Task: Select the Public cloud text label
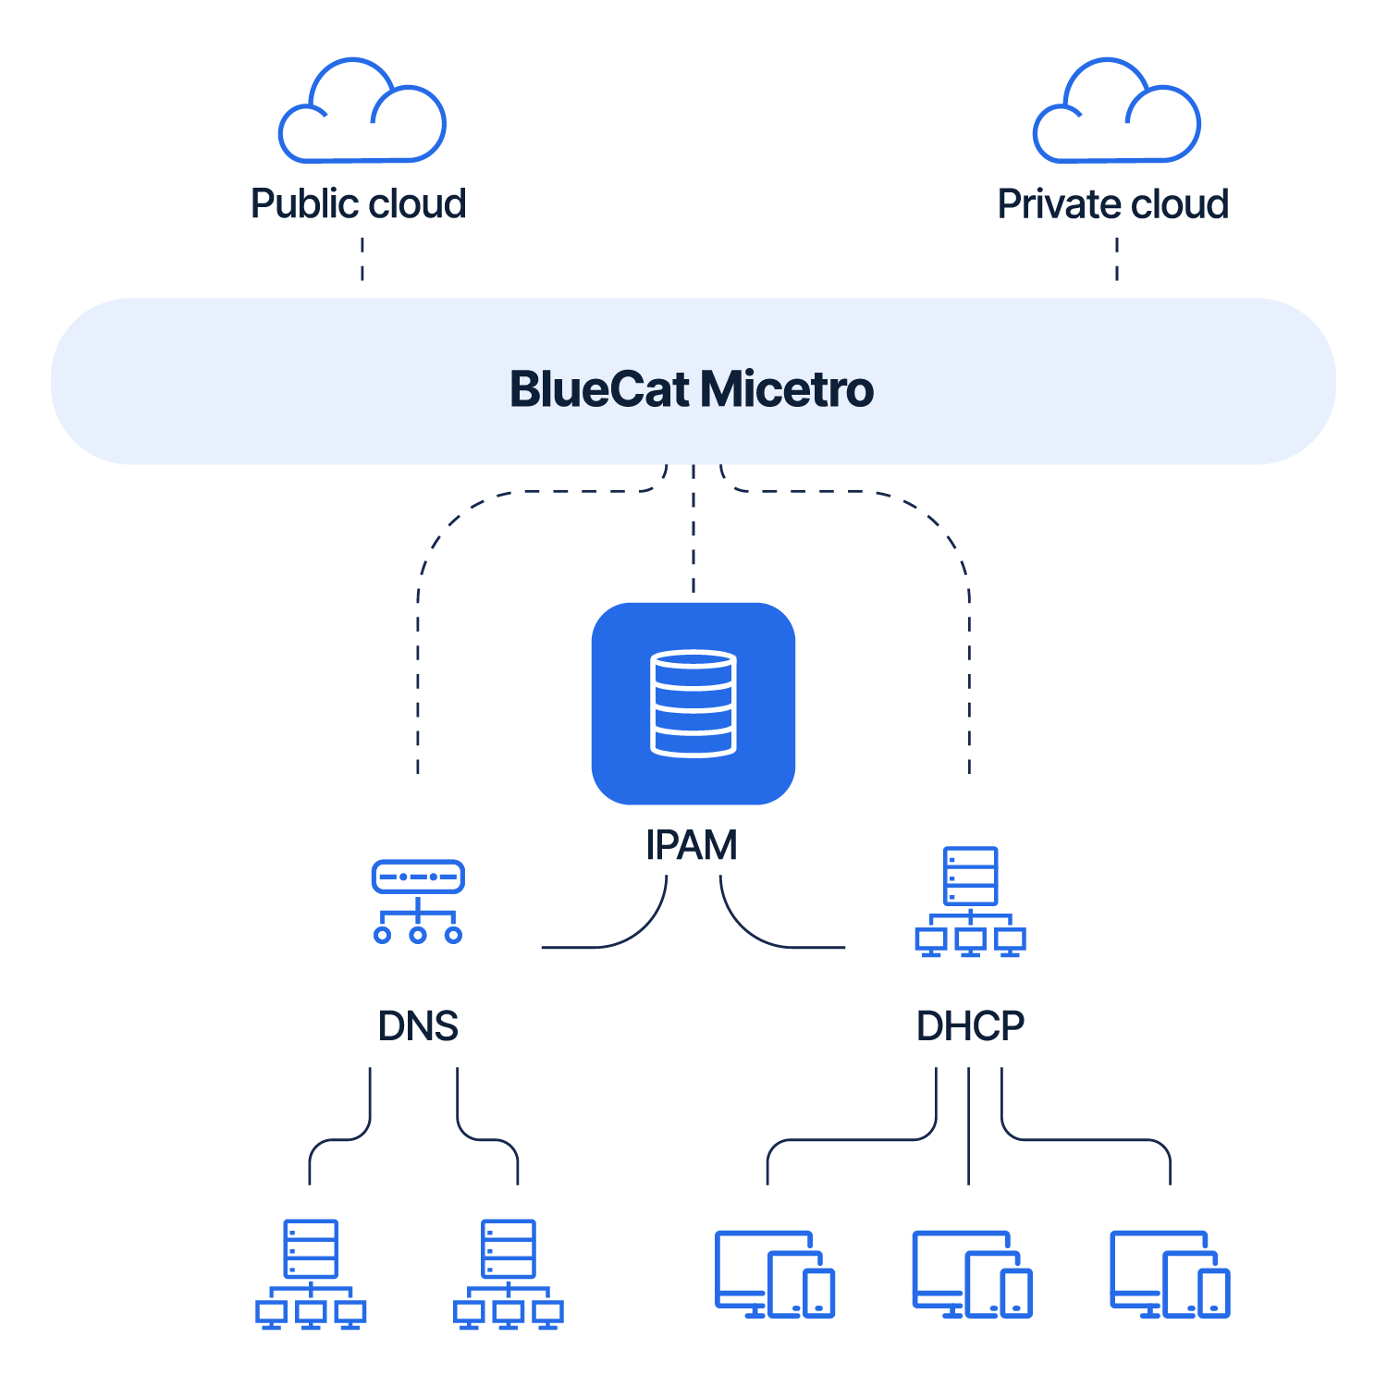coord(359,203)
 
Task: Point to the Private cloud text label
coord(1113,203)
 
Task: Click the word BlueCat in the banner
coord(599,389)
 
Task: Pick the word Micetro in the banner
coord(787,389)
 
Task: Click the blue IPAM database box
coord(693,703)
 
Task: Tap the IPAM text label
coord(692,845)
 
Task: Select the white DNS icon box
coord(418,902)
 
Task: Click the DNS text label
coord(418,1025)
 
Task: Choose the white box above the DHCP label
coord(970,902)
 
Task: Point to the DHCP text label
coord(970,1025)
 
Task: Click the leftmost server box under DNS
coord(311,1274)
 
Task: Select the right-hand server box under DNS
coord(509,1274)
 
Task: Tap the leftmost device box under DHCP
coord(775,1274)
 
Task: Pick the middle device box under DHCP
coord(972,1274)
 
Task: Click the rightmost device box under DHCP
coord(1170,1274)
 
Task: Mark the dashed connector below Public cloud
coord(362,259)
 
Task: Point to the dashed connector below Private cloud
coord(1117,259)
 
